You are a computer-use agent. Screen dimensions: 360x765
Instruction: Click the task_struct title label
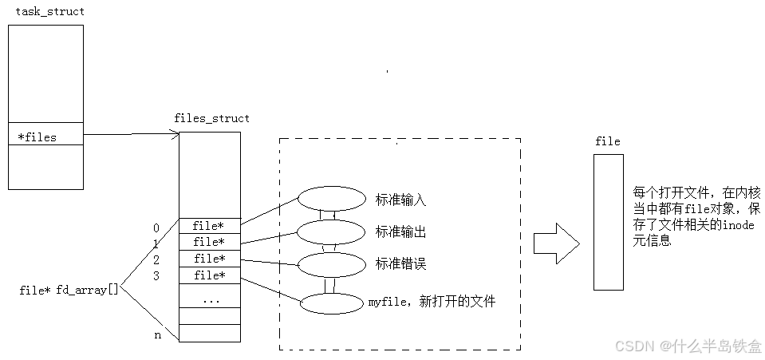click(49, 12)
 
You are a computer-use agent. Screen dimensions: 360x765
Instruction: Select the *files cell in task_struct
click(45, 136)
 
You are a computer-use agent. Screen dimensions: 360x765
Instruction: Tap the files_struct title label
click(211, 118)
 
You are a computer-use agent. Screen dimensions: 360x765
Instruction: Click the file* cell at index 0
click(209, 226)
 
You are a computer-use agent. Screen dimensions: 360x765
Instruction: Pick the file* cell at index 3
click(209, 275)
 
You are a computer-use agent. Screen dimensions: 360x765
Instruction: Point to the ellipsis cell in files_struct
click(211, 300)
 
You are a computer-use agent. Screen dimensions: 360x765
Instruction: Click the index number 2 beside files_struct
click(156, 260)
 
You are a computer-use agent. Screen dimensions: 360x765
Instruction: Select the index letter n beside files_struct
click(157, 335)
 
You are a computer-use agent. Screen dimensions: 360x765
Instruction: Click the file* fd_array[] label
click(69, 290)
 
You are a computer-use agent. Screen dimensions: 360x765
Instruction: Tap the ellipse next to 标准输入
click(330, 199)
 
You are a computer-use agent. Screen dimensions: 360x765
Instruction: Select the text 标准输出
click(400, 231)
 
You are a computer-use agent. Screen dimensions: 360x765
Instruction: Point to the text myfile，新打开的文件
click(432, 302)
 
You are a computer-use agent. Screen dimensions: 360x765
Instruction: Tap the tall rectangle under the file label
click(608, 222)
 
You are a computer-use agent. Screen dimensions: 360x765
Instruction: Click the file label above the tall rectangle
click(608, 141)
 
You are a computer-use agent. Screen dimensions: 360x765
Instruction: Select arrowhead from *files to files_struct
click(174, 134)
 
